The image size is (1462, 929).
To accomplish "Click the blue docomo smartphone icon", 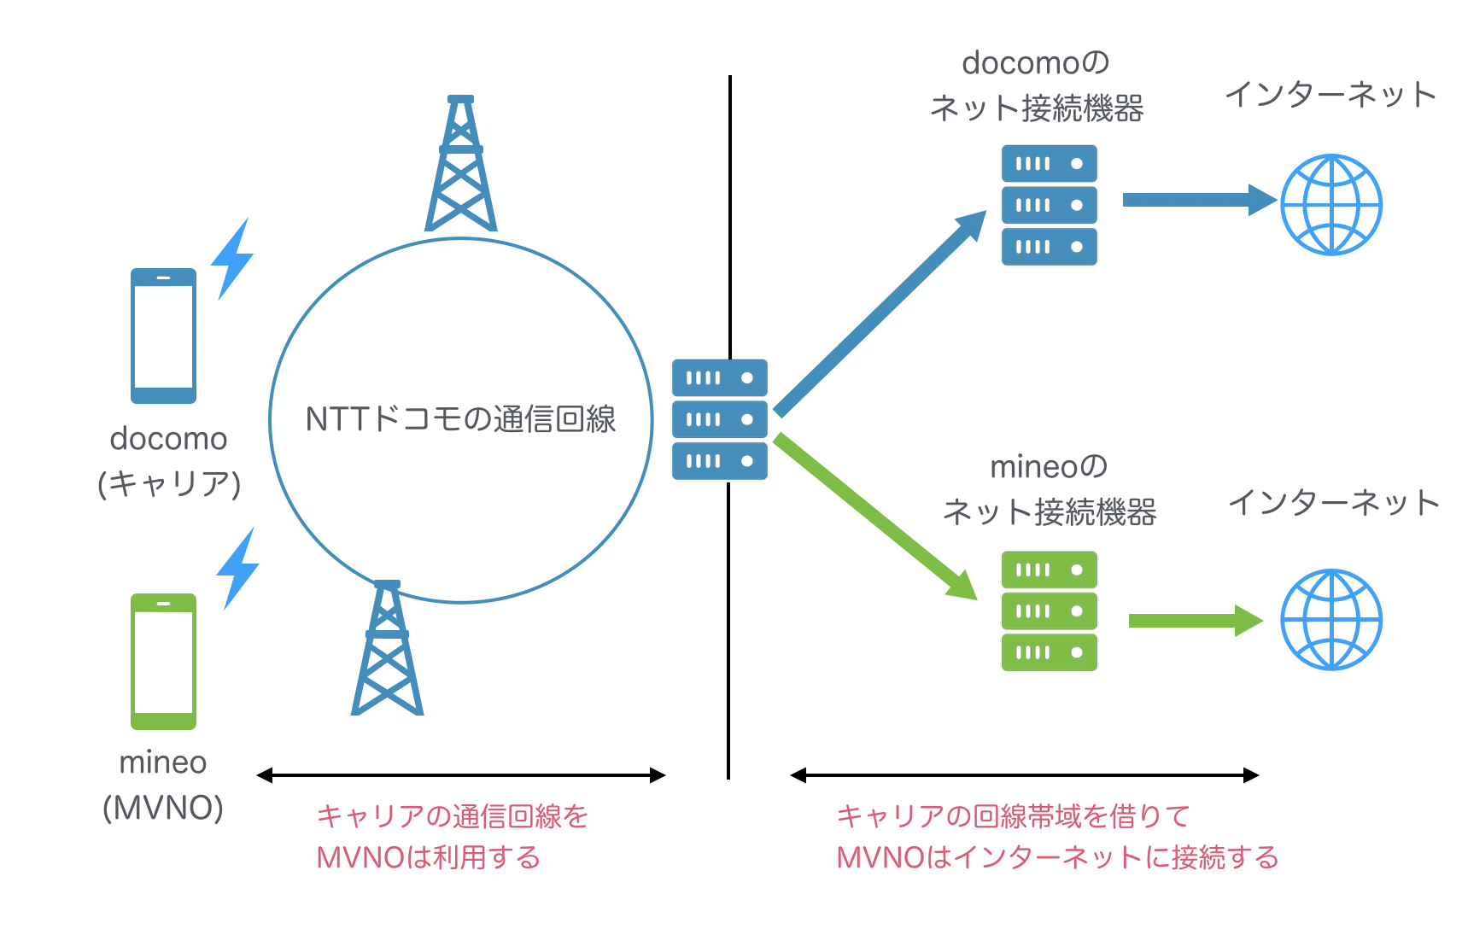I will tap(163, 336).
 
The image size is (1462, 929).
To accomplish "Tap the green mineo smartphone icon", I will tap(163, 661).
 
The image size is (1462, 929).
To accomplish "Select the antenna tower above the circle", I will tap(461, 164).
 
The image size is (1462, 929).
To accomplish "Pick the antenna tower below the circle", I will tap(387, 649).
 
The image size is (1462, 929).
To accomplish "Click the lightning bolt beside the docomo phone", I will tap(231, 259).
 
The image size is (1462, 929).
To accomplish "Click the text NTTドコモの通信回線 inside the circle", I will tap(460, 419).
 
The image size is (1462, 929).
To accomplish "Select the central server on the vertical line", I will tap(719, 419).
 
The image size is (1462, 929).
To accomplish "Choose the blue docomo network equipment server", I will tap(1049, 205).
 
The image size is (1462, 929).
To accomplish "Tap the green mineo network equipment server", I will tap(1049, 611).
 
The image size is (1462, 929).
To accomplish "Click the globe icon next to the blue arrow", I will tap(1330, 205).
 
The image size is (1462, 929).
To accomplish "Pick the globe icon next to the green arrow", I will tap(1330, 620).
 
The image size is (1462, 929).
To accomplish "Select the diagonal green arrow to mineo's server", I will tap(875, 516).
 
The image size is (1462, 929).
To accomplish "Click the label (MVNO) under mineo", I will tap(163, 807).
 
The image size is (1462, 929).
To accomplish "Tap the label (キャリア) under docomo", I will tap(169, 483).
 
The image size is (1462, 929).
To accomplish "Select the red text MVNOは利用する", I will tap(429, 857).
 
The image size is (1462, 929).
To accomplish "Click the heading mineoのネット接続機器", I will tap(1049, 489).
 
